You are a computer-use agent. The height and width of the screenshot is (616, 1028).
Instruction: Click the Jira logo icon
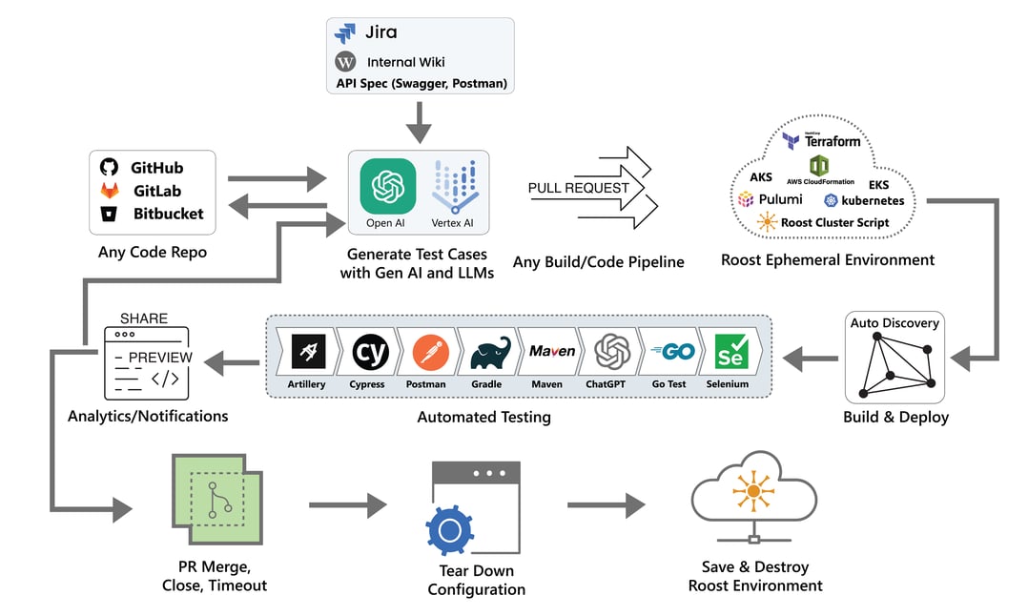coord(345,33)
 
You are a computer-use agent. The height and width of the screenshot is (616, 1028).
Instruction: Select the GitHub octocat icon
coord(110,168)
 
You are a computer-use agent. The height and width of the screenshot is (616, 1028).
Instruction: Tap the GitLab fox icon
coord(110,191)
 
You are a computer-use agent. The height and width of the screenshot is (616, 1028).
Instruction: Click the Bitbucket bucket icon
coord(110,214)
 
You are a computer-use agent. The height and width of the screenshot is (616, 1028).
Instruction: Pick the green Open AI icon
coord(387,186)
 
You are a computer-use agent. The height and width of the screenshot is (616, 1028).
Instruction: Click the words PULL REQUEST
coord(578,188)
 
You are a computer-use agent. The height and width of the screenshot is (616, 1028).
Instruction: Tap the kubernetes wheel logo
coord(831,200)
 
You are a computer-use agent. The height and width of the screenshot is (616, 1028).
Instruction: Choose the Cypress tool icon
coord(367,352)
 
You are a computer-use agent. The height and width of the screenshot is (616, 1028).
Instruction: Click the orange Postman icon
coord(425,352)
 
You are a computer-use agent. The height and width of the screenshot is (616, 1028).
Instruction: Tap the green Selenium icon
coord(730,352)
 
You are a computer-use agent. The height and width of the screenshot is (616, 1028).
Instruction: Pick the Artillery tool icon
coord(306,352)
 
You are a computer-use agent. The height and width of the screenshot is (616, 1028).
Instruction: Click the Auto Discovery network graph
coord(895,369)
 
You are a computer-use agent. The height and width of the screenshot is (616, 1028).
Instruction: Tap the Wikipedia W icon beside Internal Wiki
coord(345,62)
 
